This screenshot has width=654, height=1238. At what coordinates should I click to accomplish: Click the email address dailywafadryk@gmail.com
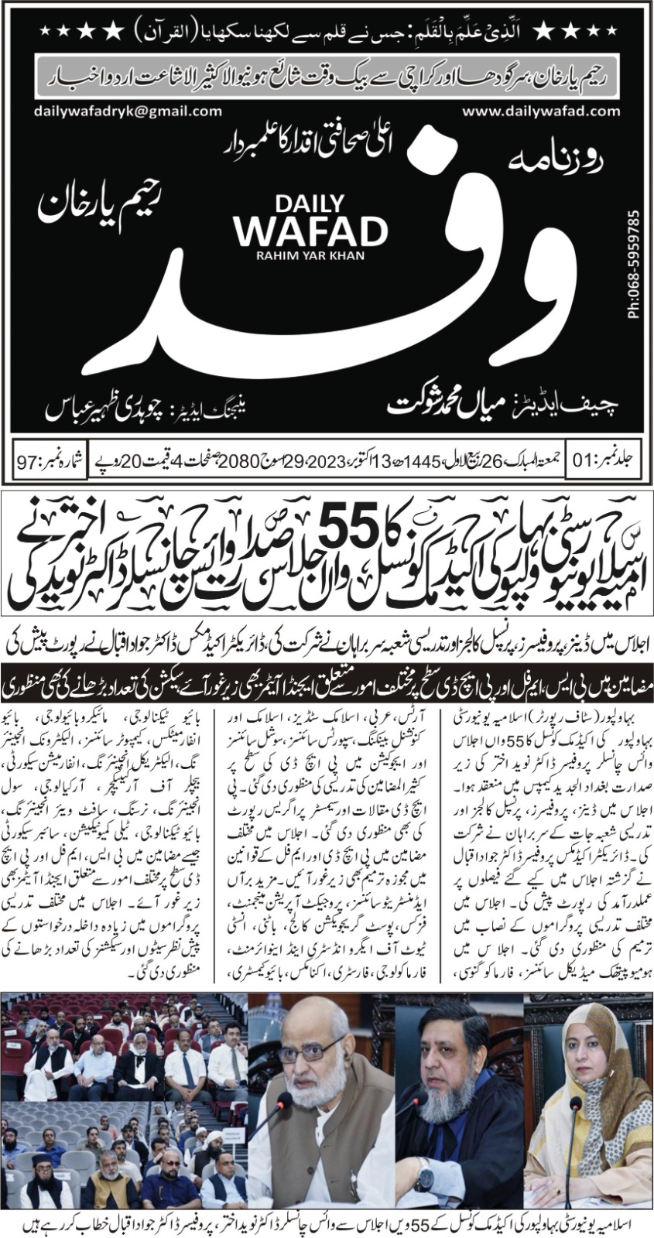click(x=128, y=111)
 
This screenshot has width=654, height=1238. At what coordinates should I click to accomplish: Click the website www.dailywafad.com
click(x=541, y=111)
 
